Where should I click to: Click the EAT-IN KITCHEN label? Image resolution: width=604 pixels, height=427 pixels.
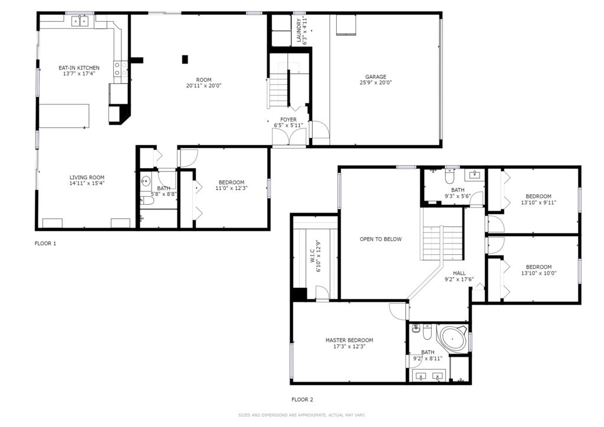tap(79, 68)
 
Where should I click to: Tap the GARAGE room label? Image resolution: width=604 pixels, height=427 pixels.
tap(376, 77)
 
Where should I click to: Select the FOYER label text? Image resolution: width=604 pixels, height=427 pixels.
tap(288, 120)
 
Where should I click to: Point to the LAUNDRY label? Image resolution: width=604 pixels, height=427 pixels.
tap(299, 30)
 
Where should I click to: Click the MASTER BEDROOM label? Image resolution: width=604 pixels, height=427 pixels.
tap(349, 340)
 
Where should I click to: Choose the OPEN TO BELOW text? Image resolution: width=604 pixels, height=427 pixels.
tap(380, 239)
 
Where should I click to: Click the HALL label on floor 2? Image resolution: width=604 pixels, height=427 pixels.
tap(459, 273)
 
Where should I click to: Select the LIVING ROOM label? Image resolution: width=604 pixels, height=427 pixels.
tap(87, 178)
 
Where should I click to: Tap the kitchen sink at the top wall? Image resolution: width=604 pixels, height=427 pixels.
tap(80, 21)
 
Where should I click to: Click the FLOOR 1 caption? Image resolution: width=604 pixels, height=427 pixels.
tap(45, 244)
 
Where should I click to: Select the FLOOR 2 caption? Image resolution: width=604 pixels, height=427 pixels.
tap(303, 400)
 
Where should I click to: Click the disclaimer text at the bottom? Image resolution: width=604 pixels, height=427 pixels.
tap(302, 415)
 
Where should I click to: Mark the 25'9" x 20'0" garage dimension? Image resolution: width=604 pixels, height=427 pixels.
tap(376, 83)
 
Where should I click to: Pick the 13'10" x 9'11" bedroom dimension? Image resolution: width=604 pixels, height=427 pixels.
tap(539, 202)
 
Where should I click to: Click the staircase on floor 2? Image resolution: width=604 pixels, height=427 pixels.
tap(442, 242)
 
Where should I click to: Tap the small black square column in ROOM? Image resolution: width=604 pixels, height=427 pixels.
tap(185, 60)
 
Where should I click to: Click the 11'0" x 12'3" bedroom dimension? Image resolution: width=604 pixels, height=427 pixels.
tap(231, 188)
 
